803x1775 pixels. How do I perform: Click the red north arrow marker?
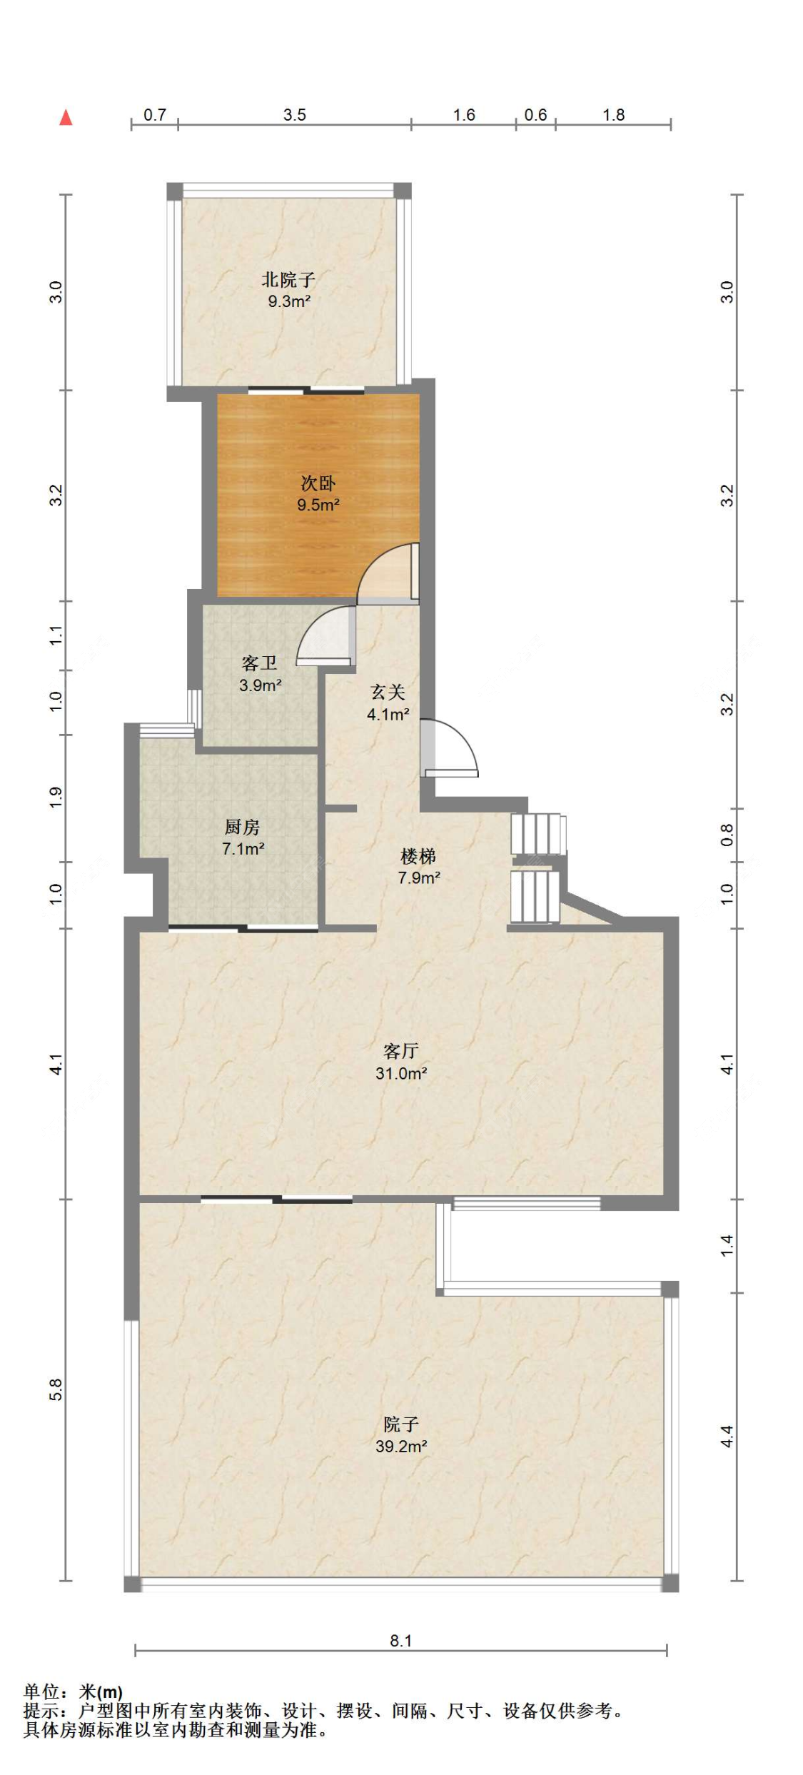pyautogui.click(x=66, y=117)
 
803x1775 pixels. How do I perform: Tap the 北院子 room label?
pyautogui.click(x=288, y=279)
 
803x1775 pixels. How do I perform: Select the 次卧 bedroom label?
pyautogui.click(x=318, y=483)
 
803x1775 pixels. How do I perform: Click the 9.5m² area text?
pyautogui.click(x=318, y=506)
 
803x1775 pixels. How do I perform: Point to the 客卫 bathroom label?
pyautogui.click(x=260, y=663)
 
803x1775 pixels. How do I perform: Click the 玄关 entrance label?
pyautogui.click(x=388, y=692)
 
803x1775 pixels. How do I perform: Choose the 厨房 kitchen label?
pyautogui.click(x=243, y=827)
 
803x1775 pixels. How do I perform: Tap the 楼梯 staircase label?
pyautogui.click(x=418, y=855)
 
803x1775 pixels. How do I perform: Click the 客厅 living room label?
pyautogui.click(x=400, y=1050)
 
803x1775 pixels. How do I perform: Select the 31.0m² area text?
pyautogui.click(x=401, y=1072)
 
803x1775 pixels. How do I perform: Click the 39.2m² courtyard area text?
pyautogui.click(x=401, y=1446)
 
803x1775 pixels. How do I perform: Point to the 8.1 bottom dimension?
pyautogui.click(x=401, y=1640)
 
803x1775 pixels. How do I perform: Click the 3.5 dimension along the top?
pyautogui.click(x=294, y=115)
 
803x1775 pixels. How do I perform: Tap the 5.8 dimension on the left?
pyautogui.click(x=56, y=1389)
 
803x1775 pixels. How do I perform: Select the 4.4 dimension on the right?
pyautogui.click(x=727, y=1435)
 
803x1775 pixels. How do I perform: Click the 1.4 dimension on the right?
pyautogui.click(x=727, y=1245)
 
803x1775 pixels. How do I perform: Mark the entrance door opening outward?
pyautogui.click(x=464, y=737)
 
